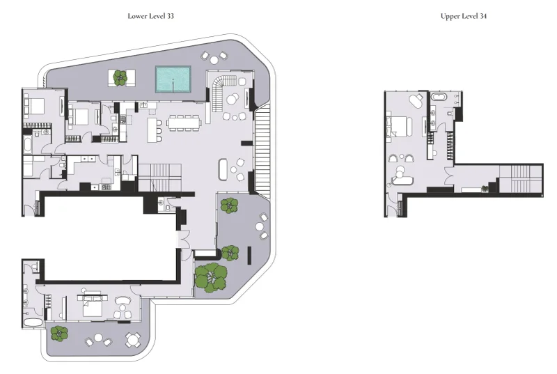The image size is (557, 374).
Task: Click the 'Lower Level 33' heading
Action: [150, 15]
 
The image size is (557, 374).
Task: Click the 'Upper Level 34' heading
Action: [463, 15]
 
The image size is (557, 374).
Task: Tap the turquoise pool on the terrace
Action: [173, 79]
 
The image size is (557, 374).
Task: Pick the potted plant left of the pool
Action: [121, 77]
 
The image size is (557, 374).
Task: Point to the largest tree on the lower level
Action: [210, 276]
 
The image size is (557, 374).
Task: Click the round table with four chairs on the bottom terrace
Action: [132, 339]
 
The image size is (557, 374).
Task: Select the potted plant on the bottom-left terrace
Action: [59, 333]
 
